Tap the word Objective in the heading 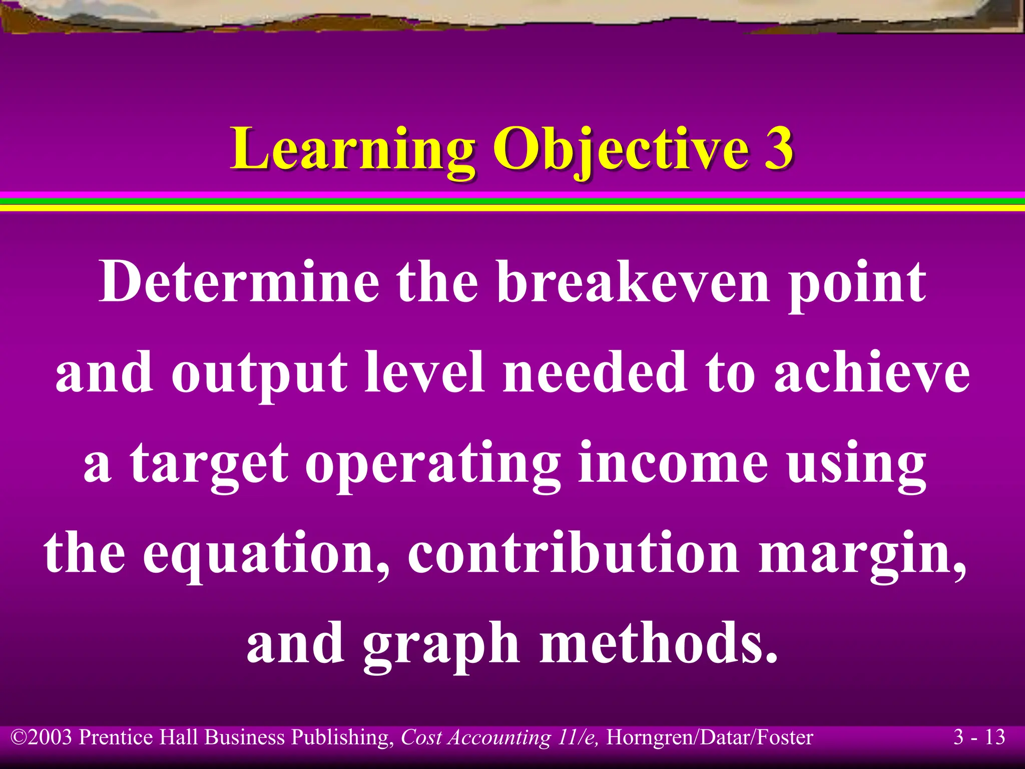click(x=621, y=149)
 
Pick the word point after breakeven click(x=856, y=285)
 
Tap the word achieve click(x=871, y=373)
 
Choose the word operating click(x=433, y=466)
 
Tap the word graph click(x=441, y=646)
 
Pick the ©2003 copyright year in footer click(x=43, y=737)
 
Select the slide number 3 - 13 click(x=979, y=737)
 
